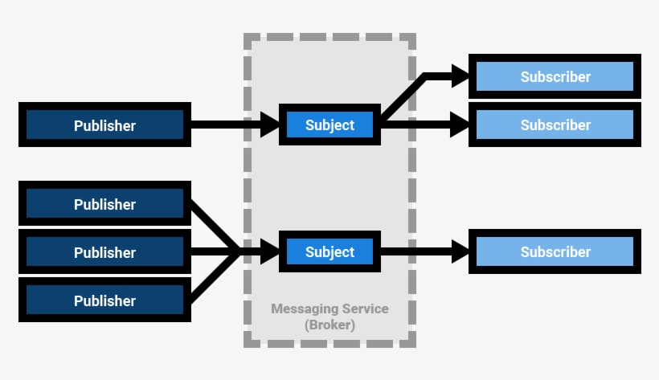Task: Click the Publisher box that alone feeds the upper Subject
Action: [x=104, y=125]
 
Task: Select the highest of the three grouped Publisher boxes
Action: [x=104, y=204]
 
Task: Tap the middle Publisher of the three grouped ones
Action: [x=104, y=252]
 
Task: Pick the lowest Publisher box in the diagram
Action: [x=104, y=300]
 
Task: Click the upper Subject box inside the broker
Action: [x=329, y=125]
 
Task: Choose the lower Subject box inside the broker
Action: [x=329, y=251]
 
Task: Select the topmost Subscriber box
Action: [x=555, y=77]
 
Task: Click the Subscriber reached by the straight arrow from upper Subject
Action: [x=555, y=125]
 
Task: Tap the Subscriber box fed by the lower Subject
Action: [x=555, y=251]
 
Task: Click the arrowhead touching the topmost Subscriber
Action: [x=460, y=77]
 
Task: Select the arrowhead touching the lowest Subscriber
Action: [x=460, y=252]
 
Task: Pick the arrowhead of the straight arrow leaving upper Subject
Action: [x=460, y=125]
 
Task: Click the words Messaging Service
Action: [x=329, y=308]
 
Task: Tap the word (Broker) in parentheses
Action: [x=329, y=325]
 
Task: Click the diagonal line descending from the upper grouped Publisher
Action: [x=215, y=227]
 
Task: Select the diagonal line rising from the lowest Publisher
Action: [x=215, y=277]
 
